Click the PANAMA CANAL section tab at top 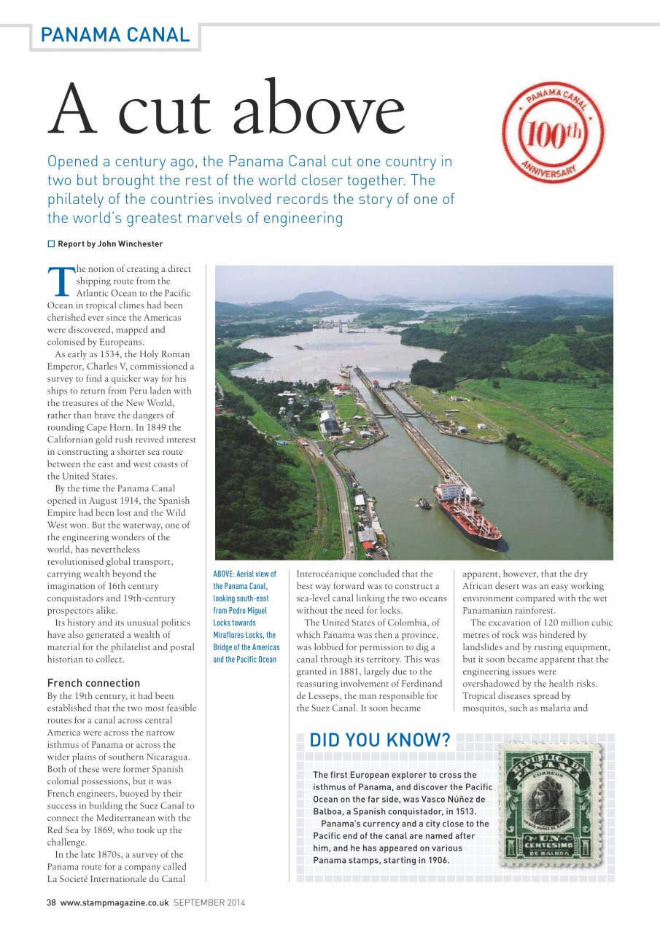coord(115,34)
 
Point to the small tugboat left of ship coord(424,503)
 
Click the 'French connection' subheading coord(93,683)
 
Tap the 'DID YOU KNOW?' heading coord(380,741)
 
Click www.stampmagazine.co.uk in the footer coord(115,902)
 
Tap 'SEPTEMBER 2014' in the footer coord(209,902)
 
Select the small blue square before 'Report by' coord(52,243)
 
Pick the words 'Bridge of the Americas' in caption coord(246,647)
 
